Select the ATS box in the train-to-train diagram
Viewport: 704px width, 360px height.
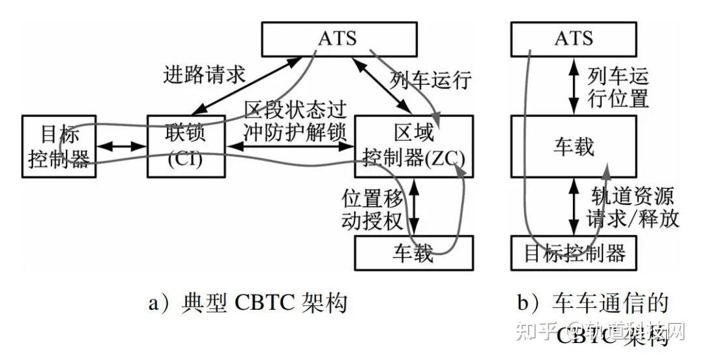[574, 38]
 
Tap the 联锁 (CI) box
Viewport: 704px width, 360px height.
[186, 145]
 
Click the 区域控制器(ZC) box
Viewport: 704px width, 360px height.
[414, 145]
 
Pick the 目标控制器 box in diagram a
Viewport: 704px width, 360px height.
[59, 146]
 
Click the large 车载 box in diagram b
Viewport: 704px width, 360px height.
[574, 146]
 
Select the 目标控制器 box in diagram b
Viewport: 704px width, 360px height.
[574, 253]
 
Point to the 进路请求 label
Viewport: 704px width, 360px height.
[203, 75]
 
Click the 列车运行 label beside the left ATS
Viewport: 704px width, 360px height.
[431, 82]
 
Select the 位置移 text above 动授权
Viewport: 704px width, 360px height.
[374, 196]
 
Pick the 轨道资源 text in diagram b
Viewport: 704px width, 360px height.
[632, 196]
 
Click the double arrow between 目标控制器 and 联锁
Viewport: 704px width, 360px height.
[121, 146]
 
